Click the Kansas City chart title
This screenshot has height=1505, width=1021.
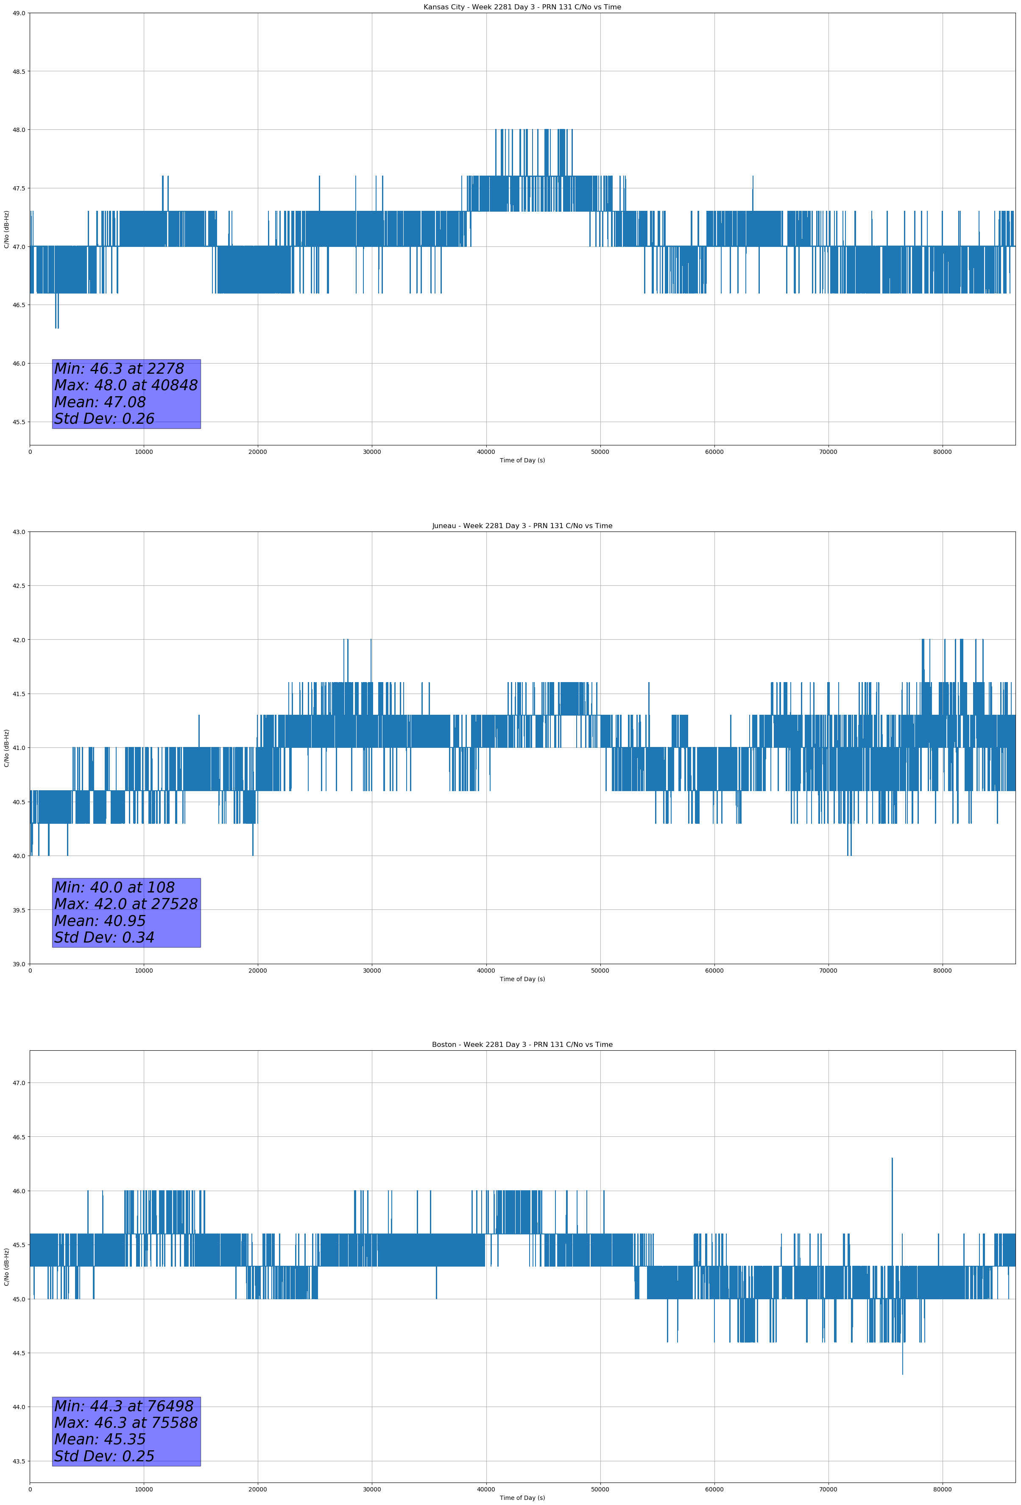coord(522,7)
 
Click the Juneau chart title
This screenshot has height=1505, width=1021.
coord(522,526)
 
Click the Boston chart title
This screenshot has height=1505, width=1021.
coord(522,1045)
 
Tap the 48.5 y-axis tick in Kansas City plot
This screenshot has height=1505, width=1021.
coord(19,71)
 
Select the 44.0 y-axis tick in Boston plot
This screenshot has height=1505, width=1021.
coord(19,1407)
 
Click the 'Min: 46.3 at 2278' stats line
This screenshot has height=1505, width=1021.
coord(119,369)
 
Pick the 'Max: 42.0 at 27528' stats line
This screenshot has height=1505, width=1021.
coord(126,904)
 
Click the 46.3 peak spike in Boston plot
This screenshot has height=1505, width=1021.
coord(892,1159)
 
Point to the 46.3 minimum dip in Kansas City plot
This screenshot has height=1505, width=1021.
coord(57,326)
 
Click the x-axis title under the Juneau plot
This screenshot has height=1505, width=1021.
coord(522,979)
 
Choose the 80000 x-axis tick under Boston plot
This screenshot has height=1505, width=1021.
coord(942,1489)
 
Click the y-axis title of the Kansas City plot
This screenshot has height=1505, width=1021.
coord(6,229)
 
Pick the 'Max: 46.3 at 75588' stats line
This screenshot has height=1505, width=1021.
coord(126,1423)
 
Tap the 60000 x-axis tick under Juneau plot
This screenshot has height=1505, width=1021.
coord(714,971)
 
